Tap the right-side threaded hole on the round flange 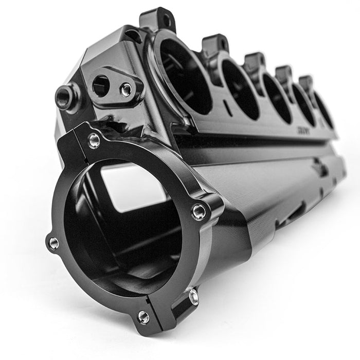(200, 211)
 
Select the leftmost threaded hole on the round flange (53, 243)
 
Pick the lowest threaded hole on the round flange (143, 317)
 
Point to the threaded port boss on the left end (64, 98)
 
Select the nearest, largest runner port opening (185, 77)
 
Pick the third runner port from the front (277, 98)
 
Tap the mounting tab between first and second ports (215, 44)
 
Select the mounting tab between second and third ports (255, 60)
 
